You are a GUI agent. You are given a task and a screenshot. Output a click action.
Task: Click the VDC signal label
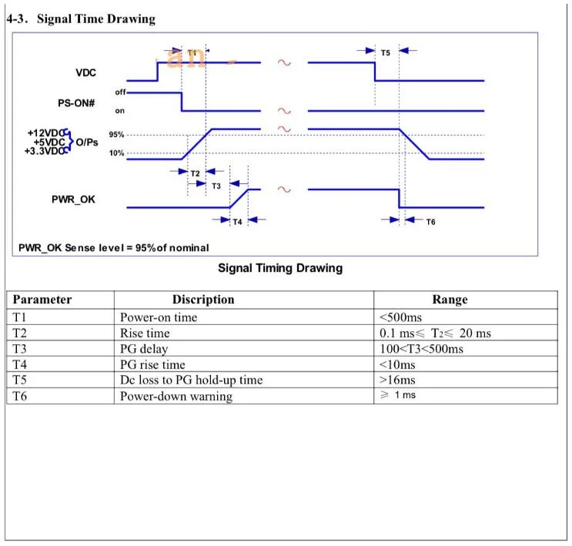(x=85, y=72)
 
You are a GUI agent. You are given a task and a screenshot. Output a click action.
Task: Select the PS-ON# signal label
(x=76, y=103)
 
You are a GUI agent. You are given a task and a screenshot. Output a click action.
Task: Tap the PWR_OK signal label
(x=73, y=199)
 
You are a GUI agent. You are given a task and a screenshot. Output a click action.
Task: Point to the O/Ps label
(x=87, y=142)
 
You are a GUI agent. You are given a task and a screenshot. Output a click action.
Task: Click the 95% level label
(x=116, y=135)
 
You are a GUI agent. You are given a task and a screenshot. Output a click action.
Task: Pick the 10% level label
(x=116, y=153)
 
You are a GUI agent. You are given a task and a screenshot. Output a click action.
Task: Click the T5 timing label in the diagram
(x=386, y=53)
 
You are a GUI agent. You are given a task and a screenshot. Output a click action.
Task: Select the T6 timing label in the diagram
(x=431, y=222)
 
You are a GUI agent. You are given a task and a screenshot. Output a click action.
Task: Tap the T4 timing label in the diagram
(x=237, y=222)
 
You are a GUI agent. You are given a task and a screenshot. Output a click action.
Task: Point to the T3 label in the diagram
(x=216, y=186)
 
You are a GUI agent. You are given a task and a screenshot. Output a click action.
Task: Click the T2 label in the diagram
(x=196, y=173)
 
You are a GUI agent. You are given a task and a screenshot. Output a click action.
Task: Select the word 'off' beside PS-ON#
(x=120, y=92)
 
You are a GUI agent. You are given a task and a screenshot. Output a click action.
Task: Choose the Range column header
(x=450, y=300)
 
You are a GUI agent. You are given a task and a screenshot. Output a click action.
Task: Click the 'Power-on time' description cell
(x=159, y=317)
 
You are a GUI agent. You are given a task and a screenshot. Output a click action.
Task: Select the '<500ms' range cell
(x=400, y=317)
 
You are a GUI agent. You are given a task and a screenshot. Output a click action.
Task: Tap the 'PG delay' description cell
(x=144, y=349)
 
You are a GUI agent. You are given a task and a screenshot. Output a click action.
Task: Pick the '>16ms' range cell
(x=397, y=380)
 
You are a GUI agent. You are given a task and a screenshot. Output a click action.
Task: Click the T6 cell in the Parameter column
(x=19, y=396)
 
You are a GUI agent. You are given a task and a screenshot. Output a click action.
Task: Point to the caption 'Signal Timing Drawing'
(x=280, y=268)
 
